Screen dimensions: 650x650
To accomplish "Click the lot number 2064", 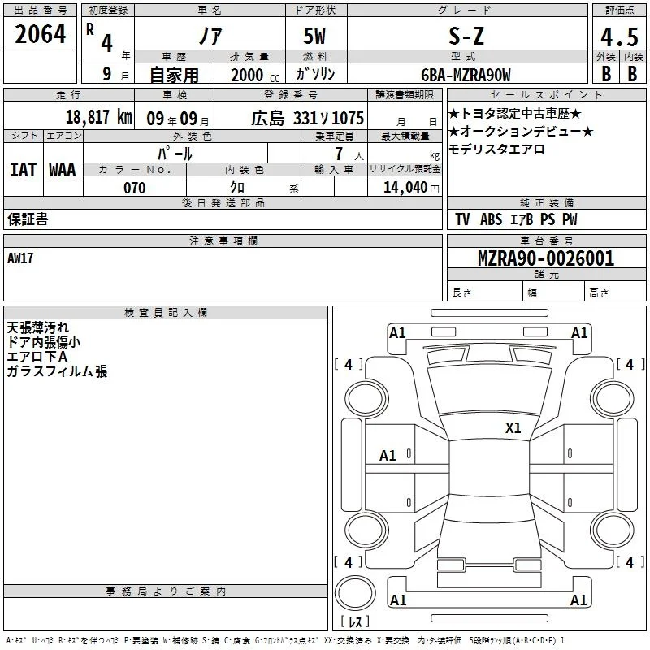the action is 40,34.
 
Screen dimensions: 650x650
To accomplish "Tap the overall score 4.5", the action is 619,37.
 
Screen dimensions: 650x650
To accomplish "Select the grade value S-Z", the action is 466,36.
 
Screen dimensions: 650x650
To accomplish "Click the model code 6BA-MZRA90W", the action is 466,75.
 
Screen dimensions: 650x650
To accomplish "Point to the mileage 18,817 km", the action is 98,117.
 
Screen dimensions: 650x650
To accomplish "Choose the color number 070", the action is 135,188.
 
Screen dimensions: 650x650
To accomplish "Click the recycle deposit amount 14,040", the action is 405,188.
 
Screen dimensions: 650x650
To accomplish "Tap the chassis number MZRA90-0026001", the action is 546,258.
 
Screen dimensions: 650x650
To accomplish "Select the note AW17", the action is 20,258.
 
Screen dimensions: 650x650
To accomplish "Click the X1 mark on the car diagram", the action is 513,427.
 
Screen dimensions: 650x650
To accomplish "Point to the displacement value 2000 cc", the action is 255,76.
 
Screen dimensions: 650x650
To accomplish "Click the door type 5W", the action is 314,36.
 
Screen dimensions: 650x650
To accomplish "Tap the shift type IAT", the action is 23,170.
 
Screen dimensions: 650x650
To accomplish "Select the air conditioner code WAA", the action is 63,170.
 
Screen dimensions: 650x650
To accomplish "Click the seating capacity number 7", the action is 339,154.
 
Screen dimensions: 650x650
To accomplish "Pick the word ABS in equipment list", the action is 491,219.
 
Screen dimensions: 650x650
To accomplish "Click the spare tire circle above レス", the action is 355,593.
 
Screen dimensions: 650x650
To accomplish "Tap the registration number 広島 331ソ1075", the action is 308,118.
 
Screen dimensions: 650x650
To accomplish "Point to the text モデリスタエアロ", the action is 496,149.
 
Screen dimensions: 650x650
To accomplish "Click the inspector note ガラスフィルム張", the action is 57,371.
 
